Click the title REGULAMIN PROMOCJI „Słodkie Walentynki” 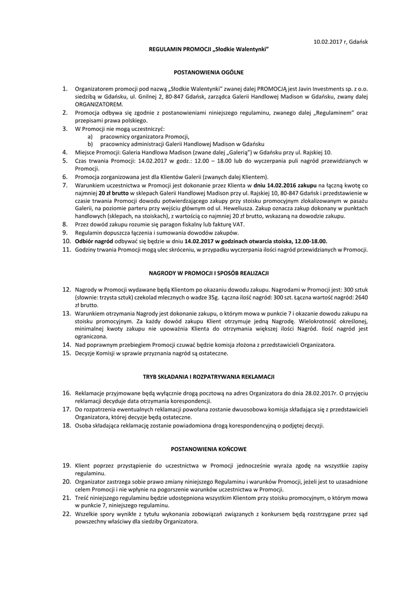[x=209, y=51]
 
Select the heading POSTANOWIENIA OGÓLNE [x=209, y=73]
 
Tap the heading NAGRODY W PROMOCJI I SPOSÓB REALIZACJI [x=209, y=272]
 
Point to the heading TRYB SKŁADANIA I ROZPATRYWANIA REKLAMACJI [x=209, y=376]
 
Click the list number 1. [x=65, y=89]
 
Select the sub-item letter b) [x=90, y=143]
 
